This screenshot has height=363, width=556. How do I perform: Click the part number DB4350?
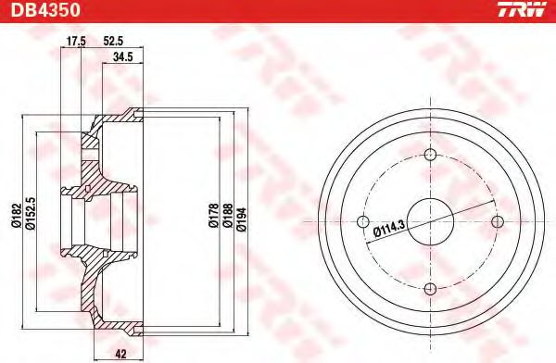(x=45, y=9)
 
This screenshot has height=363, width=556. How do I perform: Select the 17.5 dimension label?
(x=76, y=41)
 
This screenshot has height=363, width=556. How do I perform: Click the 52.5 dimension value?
(x=113, y=41)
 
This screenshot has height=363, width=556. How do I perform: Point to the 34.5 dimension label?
(x=122, y=56)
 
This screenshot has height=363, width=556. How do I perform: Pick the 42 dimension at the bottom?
(x=120, y=354)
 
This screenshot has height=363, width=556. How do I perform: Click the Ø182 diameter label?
(x=17, y=216)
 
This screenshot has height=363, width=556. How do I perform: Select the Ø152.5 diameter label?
(x=31, y=213)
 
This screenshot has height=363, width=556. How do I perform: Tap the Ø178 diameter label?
(x=213, y=216)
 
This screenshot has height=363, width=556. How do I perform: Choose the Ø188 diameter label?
(x=227, y=216)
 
